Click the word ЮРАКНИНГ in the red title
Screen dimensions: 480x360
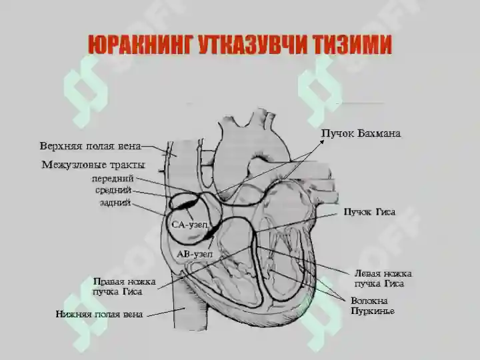141,45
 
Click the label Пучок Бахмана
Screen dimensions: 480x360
361,133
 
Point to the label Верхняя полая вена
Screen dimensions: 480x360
91,146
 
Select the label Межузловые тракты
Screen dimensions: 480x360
93,165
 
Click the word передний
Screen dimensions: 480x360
113,179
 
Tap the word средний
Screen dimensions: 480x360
113,191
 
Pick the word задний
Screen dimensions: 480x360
115,203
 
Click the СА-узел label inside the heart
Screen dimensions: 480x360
189,225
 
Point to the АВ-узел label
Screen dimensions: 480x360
195,254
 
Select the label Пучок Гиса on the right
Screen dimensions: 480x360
369,212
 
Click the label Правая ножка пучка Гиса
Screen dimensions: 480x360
124,286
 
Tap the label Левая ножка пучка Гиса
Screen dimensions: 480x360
383,278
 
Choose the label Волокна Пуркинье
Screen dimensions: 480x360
373,306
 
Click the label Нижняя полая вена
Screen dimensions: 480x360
99,314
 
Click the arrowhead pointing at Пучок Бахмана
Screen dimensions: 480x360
322,141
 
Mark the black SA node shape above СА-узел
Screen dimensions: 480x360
185,204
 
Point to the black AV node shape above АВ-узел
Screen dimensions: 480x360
211,232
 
